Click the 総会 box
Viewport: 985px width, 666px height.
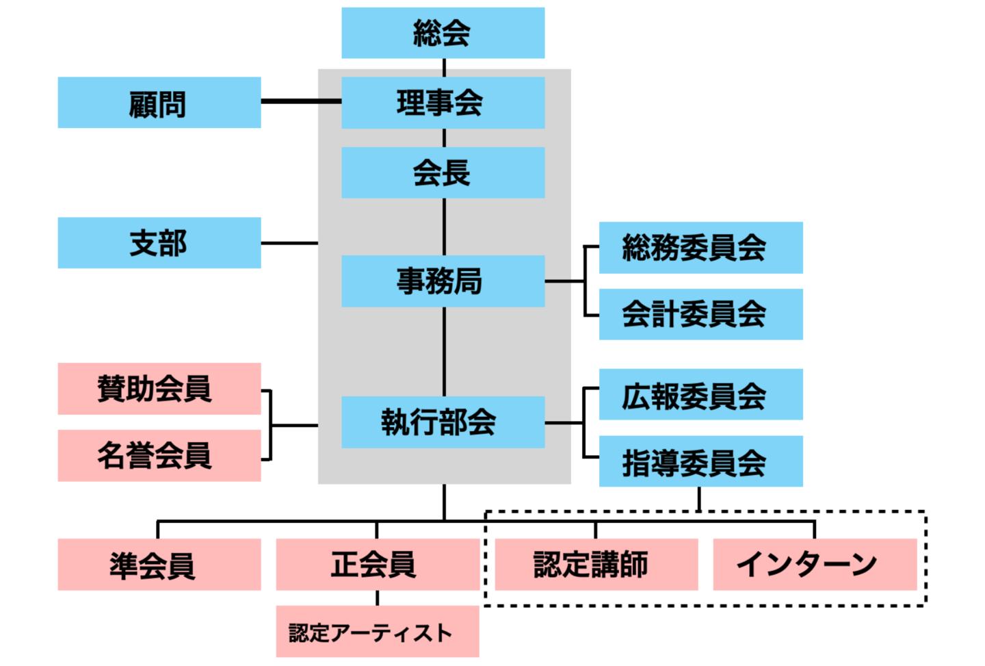(x=443, y=33)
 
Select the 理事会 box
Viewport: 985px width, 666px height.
(x=443, y=103)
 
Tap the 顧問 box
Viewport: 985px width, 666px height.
(x=159, y=103)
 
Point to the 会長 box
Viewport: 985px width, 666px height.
(x=443, y=172)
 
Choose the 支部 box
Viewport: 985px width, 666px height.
(x=159, y=243)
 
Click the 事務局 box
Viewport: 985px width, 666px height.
(x=443, y=281)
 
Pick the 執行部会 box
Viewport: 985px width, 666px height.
(x=443, y=422)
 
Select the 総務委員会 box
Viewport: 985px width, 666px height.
(x=700, y=248)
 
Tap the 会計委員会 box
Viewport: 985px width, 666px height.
(x=700, y=314)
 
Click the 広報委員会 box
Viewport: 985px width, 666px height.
(x=700, y=394)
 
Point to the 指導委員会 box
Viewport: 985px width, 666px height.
(x=700, y=461)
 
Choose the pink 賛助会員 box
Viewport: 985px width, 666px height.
(x=159, y=389)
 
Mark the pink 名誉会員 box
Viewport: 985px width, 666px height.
(x=159, y=456)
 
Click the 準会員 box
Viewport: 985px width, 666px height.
(x=159, y=565)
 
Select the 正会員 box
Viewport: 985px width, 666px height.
(x=377, y=565)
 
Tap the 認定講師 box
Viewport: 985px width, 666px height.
(x=596, y=565)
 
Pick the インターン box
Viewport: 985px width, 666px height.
(x=814, y=565)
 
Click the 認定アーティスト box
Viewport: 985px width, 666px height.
(x=377, y=631)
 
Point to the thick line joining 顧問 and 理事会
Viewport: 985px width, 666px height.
(x=301, y=101)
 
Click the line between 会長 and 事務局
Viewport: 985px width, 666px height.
(x=444, y=227)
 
